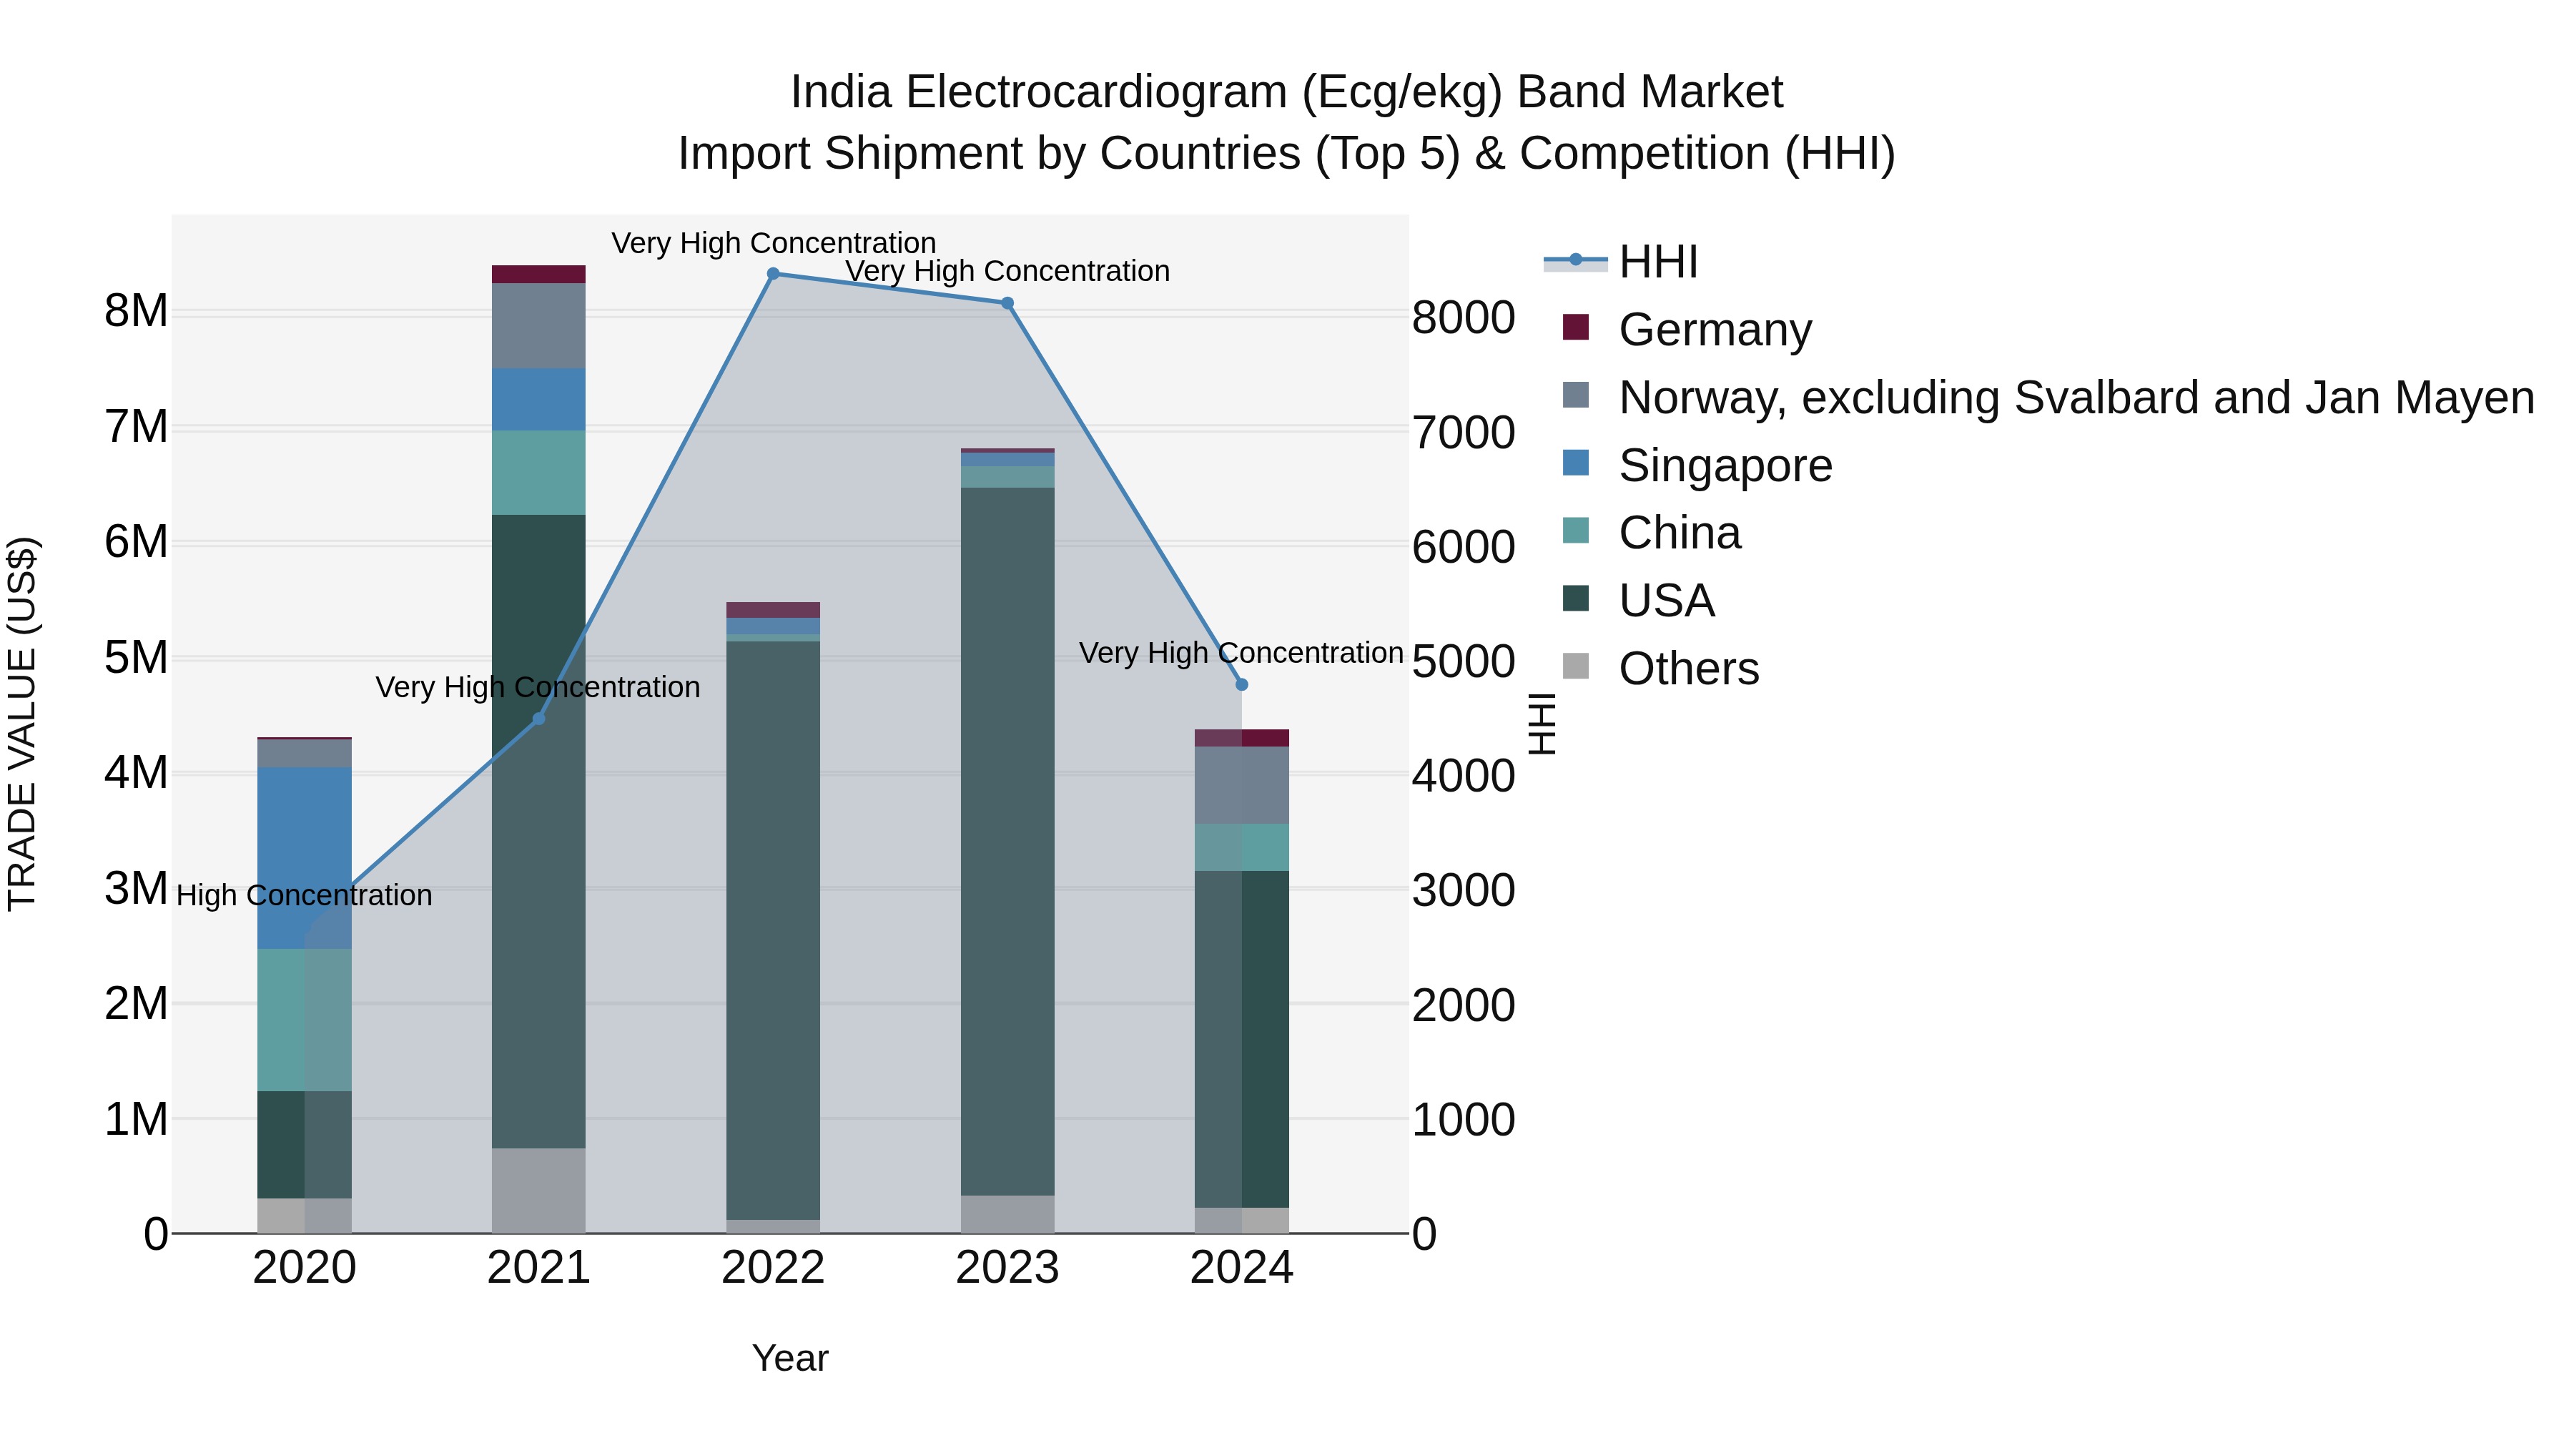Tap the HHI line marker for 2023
1007,302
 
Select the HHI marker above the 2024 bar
1241,684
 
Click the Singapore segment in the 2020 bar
304,857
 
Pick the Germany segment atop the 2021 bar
538,274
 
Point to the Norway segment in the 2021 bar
538,326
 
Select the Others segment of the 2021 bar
538,1189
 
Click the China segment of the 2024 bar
1241,847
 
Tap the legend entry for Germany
1714,330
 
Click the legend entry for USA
1666,601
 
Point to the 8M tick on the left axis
136,312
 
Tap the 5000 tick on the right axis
1463,661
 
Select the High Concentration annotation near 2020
304,895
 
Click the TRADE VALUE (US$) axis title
22,724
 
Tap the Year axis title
789,1358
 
